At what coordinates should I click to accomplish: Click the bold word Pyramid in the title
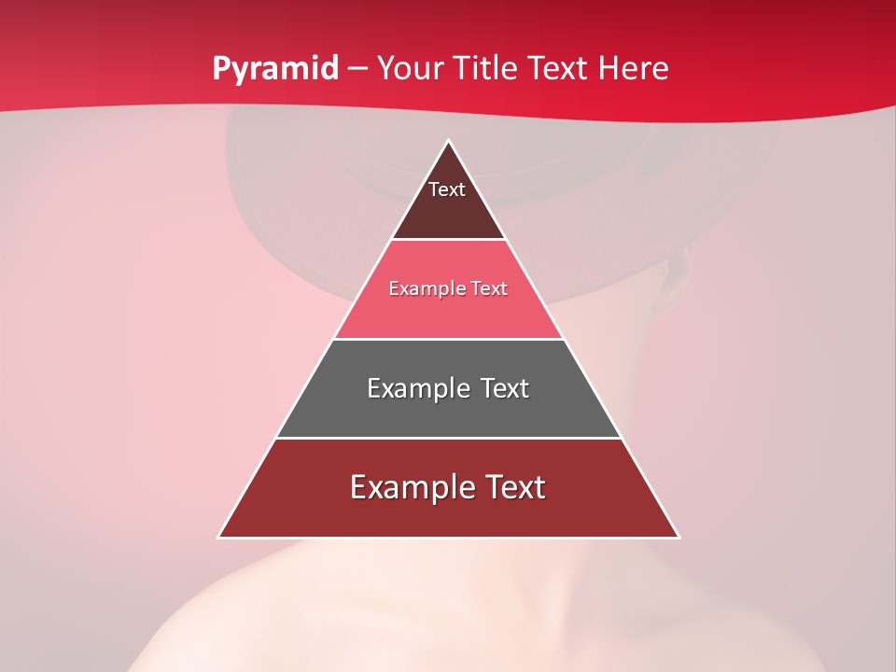click(274, 69)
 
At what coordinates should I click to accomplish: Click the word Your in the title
click(410, 69)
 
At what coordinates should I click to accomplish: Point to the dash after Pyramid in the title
click(357, 69)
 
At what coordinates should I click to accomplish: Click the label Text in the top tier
click(447, 189)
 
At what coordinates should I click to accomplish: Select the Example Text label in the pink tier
click(448, 288)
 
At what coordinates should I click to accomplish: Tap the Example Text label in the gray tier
click(448, 388)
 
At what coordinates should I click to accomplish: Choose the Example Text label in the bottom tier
click(448, 487)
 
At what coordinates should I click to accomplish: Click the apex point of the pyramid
click(449, 141)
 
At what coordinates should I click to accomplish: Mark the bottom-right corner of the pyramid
click(679, 537)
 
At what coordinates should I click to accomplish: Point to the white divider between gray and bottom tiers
click(448, 438)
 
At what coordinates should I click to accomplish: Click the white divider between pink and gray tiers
click(448, 339)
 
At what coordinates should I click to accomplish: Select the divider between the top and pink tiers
click(448, 239)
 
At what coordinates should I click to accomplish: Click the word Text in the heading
click(559, 69)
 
